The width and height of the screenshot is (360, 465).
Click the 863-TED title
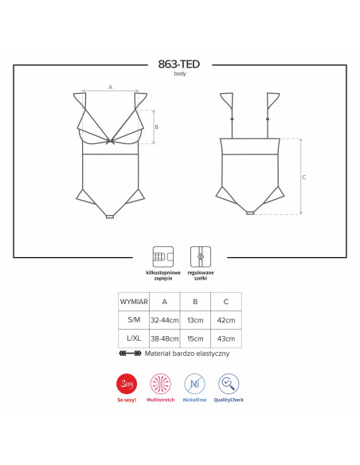179,64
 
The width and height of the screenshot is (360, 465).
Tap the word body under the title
180,74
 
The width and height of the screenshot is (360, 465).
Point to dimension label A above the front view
111,88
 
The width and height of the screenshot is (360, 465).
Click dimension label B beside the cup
157,127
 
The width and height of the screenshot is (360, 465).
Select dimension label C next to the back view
304,177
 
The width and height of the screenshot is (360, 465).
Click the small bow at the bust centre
112,141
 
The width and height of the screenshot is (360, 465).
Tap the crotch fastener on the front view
110,217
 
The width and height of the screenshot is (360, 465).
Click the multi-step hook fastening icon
163,256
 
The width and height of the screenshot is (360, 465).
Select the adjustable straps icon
201,256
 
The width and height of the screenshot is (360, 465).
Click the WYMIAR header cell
134,302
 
